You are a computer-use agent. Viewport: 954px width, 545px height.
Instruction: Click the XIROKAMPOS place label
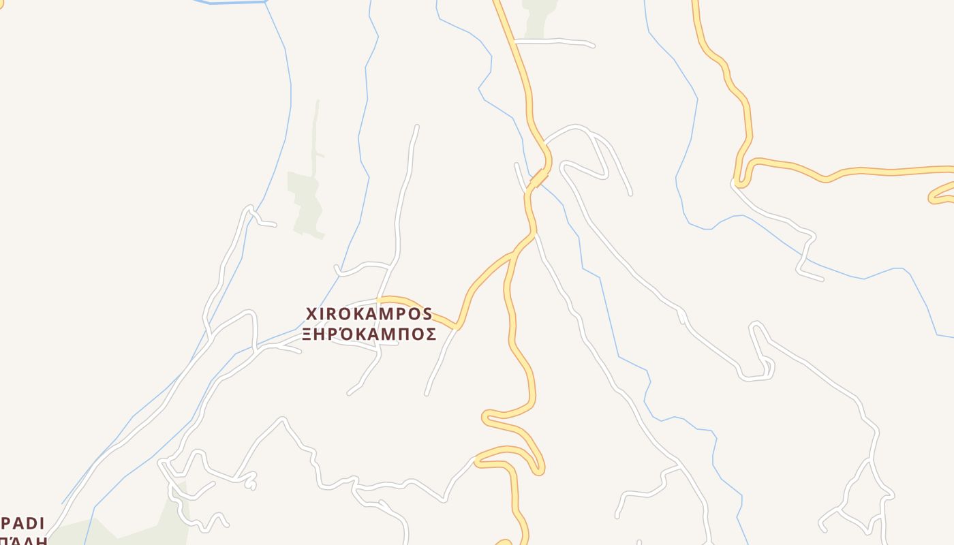[369, 314]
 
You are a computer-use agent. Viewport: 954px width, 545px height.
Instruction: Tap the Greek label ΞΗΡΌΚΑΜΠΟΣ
[369, 334]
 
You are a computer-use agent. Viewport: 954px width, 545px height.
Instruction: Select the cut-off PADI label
[22, 524]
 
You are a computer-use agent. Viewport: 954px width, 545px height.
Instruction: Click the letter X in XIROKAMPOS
[312, 314]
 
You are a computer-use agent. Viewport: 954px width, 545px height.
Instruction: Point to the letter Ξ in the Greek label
[308, 334]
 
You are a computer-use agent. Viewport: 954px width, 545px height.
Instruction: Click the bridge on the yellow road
[539, 178]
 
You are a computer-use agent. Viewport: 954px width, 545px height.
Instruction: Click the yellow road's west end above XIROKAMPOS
[380, 300]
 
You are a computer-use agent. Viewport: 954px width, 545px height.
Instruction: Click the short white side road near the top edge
[555, 42]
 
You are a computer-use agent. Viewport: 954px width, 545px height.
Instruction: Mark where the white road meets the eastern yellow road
[735, 183]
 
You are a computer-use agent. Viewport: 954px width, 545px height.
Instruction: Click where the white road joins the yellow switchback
[476, 460]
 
